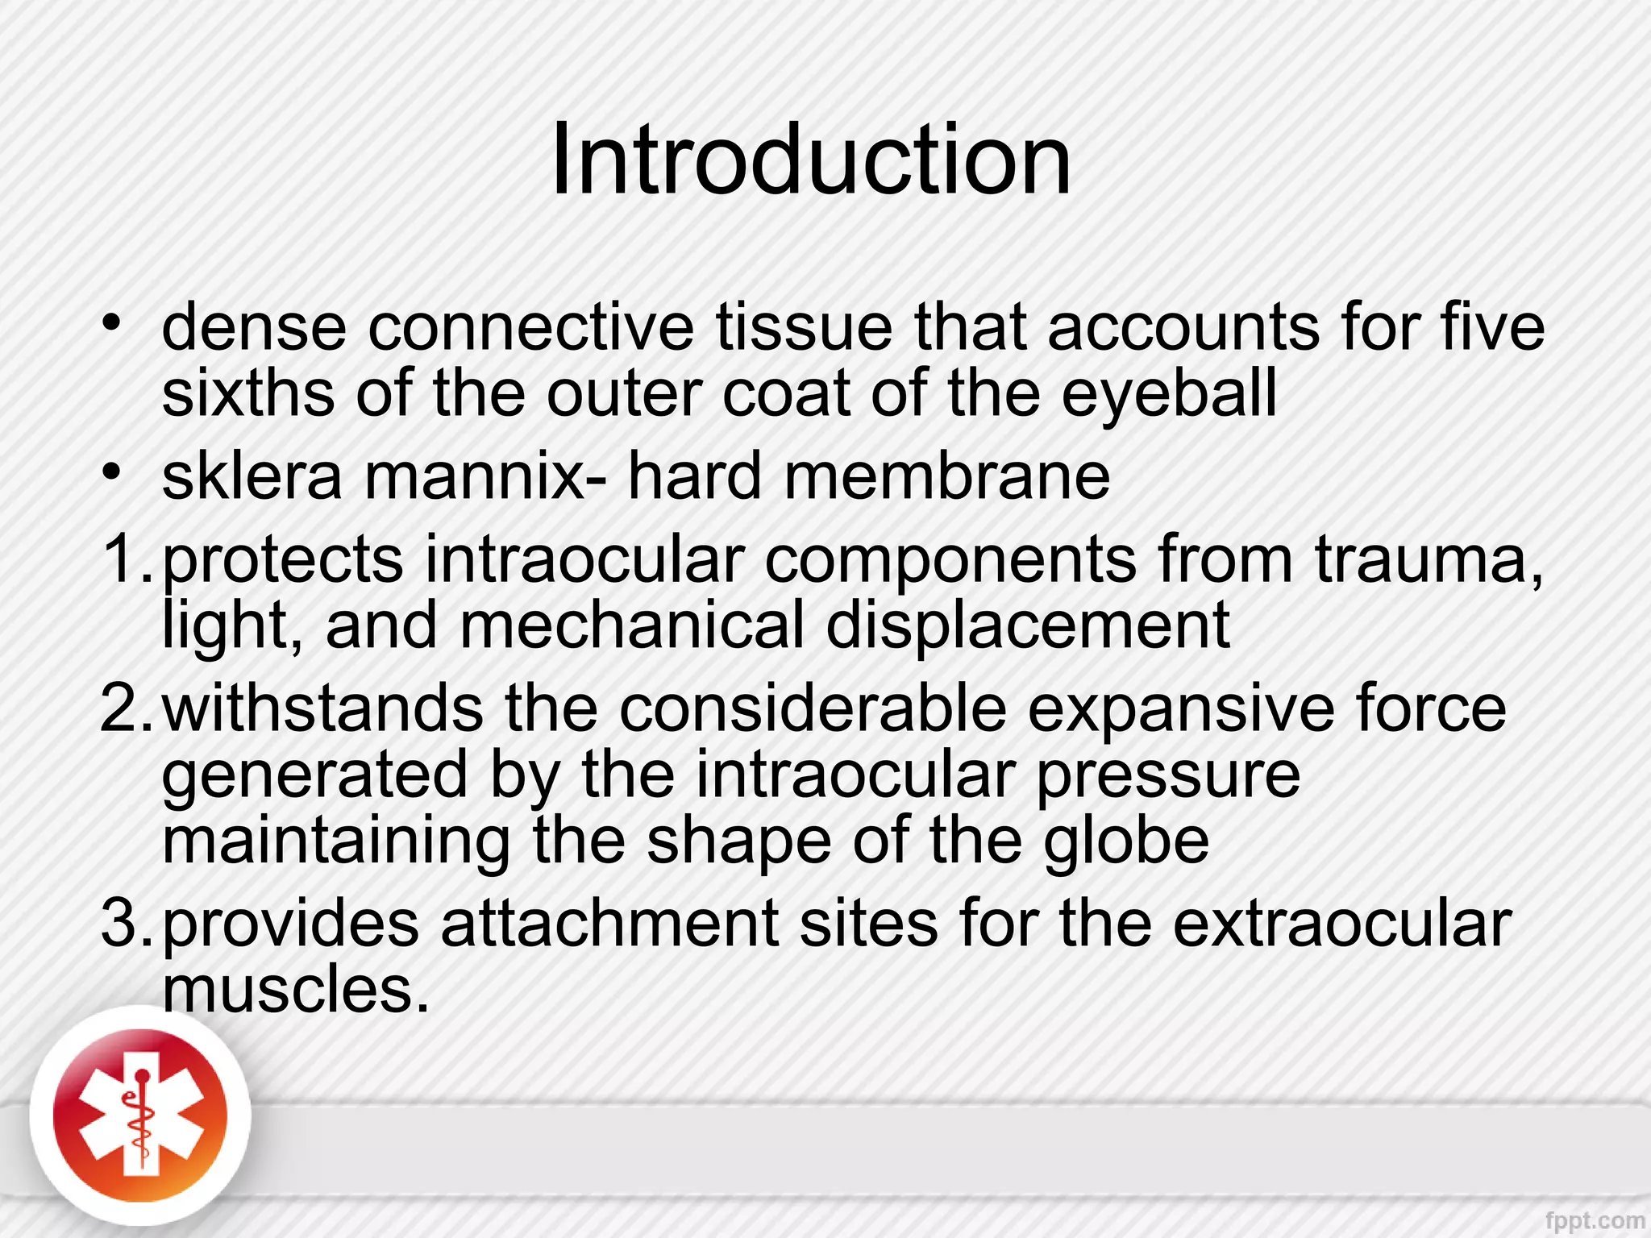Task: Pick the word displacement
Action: pos(1028,625)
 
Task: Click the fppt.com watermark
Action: pos(1595,1221)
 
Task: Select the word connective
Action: pos(531,327)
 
